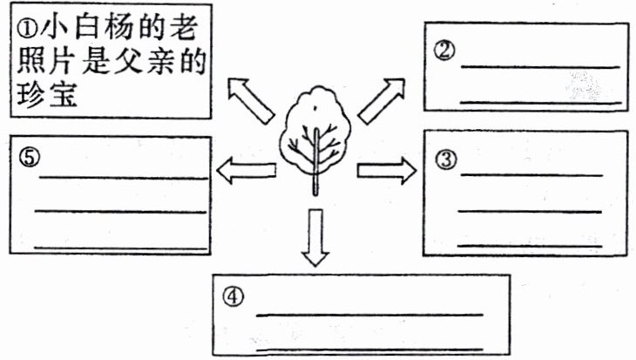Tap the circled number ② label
pyautogui.click(x=444, y=51)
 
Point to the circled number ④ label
pyautogui.click(x=231, y=296)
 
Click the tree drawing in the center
pyautogui.click(x=315, y=131)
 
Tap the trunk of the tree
pyautogui.click(x=316, y=179)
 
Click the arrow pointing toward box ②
pyautogui.click(x=382, y=98)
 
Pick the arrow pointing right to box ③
pyautogui.click(x=386, y=171)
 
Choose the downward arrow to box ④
pyautogui.click(x=316, y=237)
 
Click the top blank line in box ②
pyautogui.click(x=540, y=66)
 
